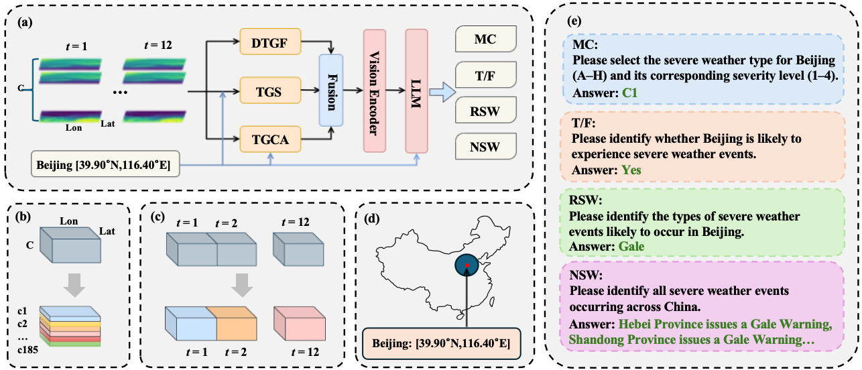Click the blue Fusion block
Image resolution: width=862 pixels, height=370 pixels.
332,90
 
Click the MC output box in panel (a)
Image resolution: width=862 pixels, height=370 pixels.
485,41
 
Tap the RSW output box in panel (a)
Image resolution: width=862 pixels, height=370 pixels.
485,111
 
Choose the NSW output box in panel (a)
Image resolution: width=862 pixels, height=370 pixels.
485,145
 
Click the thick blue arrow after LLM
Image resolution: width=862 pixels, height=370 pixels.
440,92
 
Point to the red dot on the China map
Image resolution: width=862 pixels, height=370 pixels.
467,265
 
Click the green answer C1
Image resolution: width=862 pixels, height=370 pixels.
631,95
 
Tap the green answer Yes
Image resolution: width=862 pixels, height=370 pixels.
631,170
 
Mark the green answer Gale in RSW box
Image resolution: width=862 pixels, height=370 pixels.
631,246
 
